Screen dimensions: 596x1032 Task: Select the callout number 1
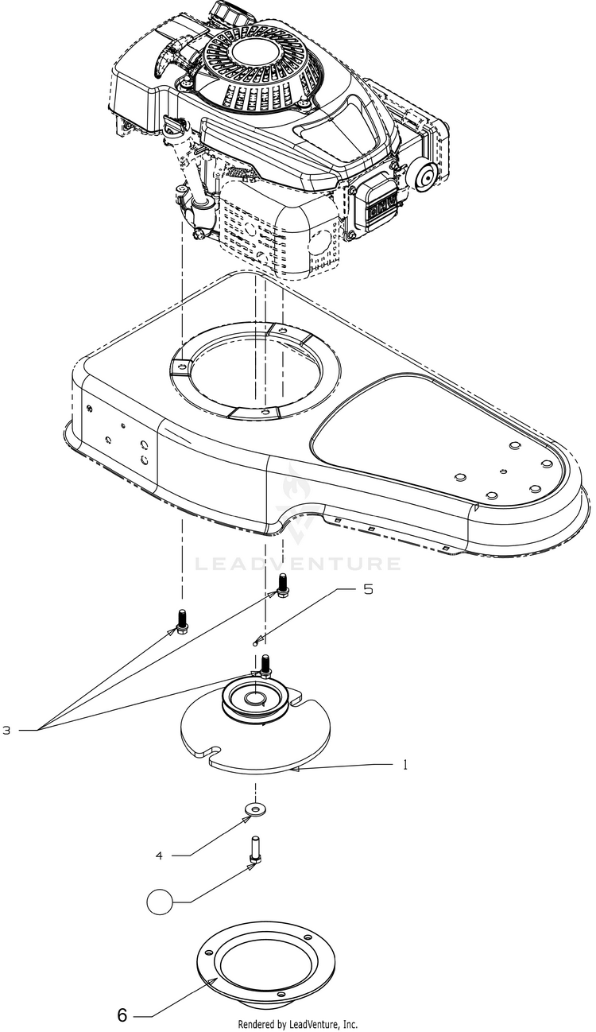coord(405,765)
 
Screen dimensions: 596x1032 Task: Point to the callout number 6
coord(122,1015)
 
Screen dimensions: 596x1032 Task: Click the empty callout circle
coord(160,902)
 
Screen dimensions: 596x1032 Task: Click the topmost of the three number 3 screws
coord(281,585)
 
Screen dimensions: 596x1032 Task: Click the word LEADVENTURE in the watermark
coord(297,564)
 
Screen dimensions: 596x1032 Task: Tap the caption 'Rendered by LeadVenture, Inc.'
coord(297,1026)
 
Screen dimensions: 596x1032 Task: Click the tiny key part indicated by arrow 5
coord(255,644)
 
